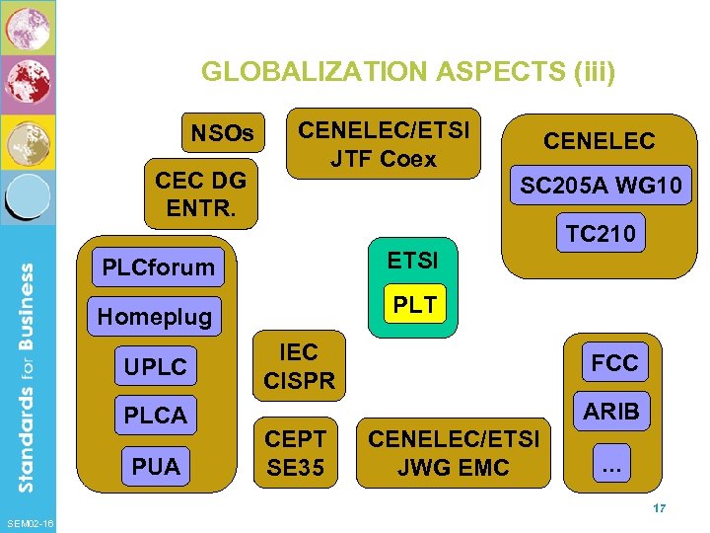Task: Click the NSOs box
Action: pos(222,132)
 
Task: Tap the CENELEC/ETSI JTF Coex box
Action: pos(384,144)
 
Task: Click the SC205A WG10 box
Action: pos(601,186)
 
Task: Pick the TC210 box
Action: pos(600,234)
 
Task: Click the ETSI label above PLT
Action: pos(414,261)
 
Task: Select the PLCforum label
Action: pos(158,266)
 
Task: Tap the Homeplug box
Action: pos(154,317)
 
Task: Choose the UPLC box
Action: pos(155,367)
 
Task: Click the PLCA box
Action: pos(155,416)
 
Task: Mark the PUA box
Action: pos(155,466)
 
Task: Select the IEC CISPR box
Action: pos(299,366)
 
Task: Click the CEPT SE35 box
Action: pos(298,452)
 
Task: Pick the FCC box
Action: pos(613,362)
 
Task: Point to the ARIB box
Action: pos(611,411)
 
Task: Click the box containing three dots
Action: pos(611,465)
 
